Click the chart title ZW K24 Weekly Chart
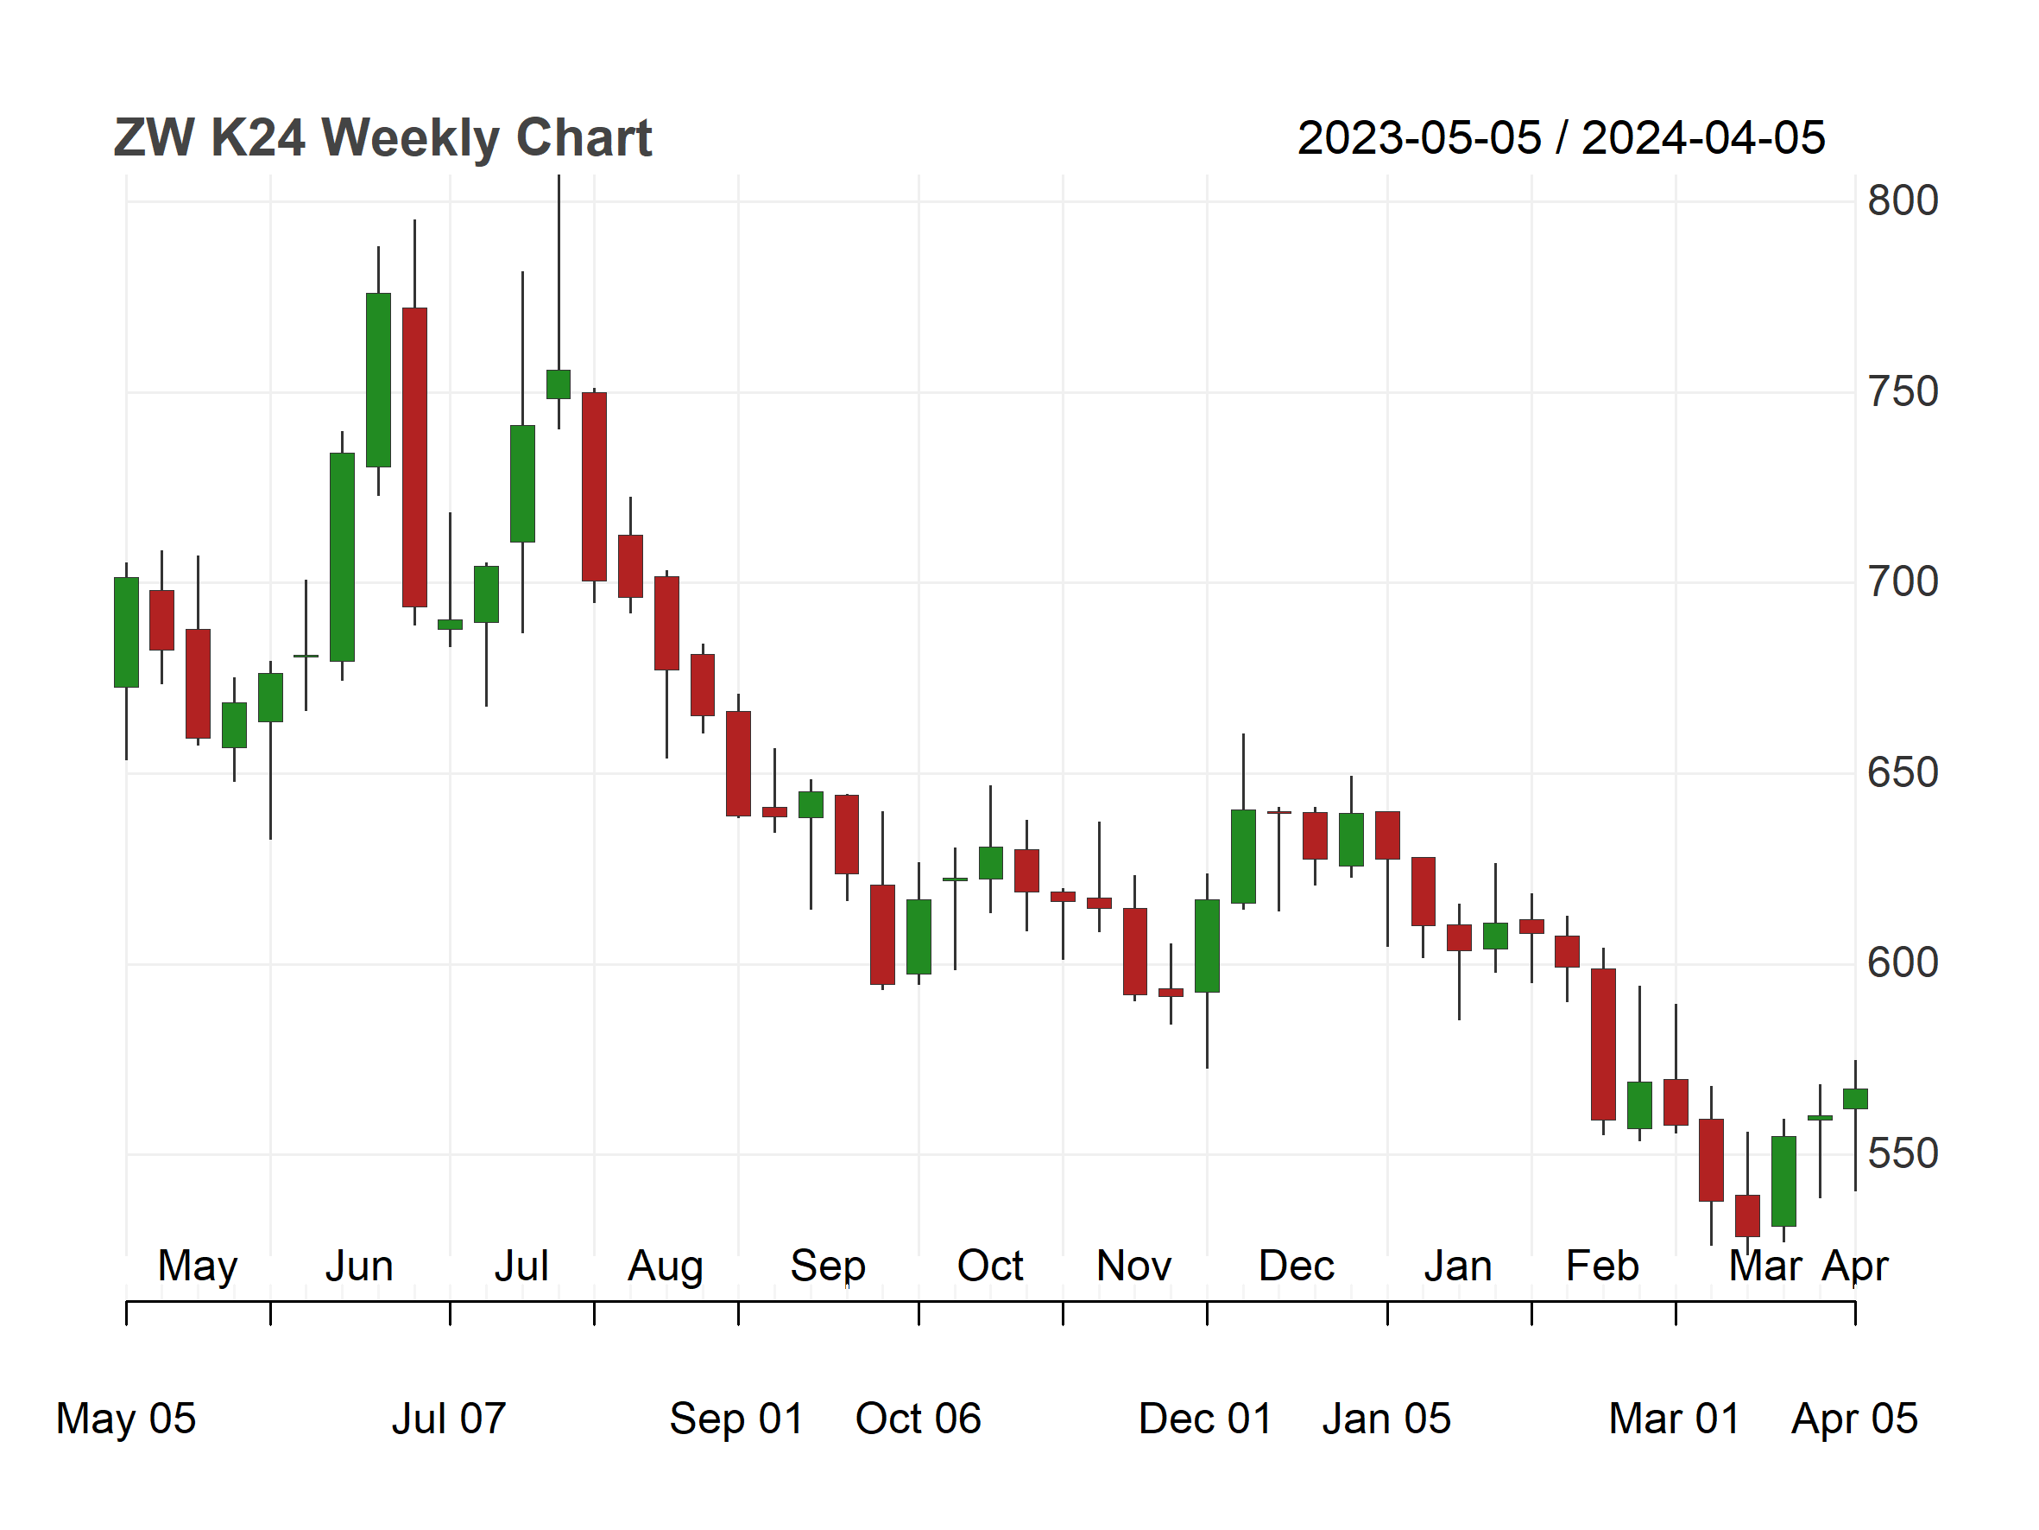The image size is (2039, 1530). tap(382, 138)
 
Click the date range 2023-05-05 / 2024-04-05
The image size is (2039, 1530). tap(1561, 138)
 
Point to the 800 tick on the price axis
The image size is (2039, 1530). tap(1903, 201)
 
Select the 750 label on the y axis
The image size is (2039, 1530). tap(1903, 392)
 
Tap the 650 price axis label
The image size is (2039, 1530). tap(1903, 773)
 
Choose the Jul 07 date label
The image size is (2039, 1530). tap(449, 1419)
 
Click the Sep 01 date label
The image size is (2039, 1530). tap(736, 1419)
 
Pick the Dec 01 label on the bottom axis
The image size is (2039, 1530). tap(1206, 1419)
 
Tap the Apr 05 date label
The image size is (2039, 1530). tap(1854, 1419)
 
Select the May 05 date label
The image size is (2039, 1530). tap(126, 1419)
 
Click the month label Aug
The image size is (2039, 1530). tap(666, 1267)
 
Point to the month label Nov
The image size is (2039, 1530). tap(1133, 1267)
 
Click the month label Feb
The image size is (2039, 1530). tap(1603, 1267)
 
